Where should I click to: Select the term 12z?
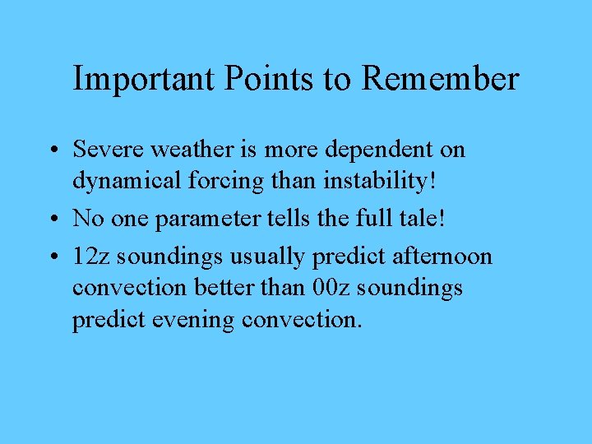coord(89,257)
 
